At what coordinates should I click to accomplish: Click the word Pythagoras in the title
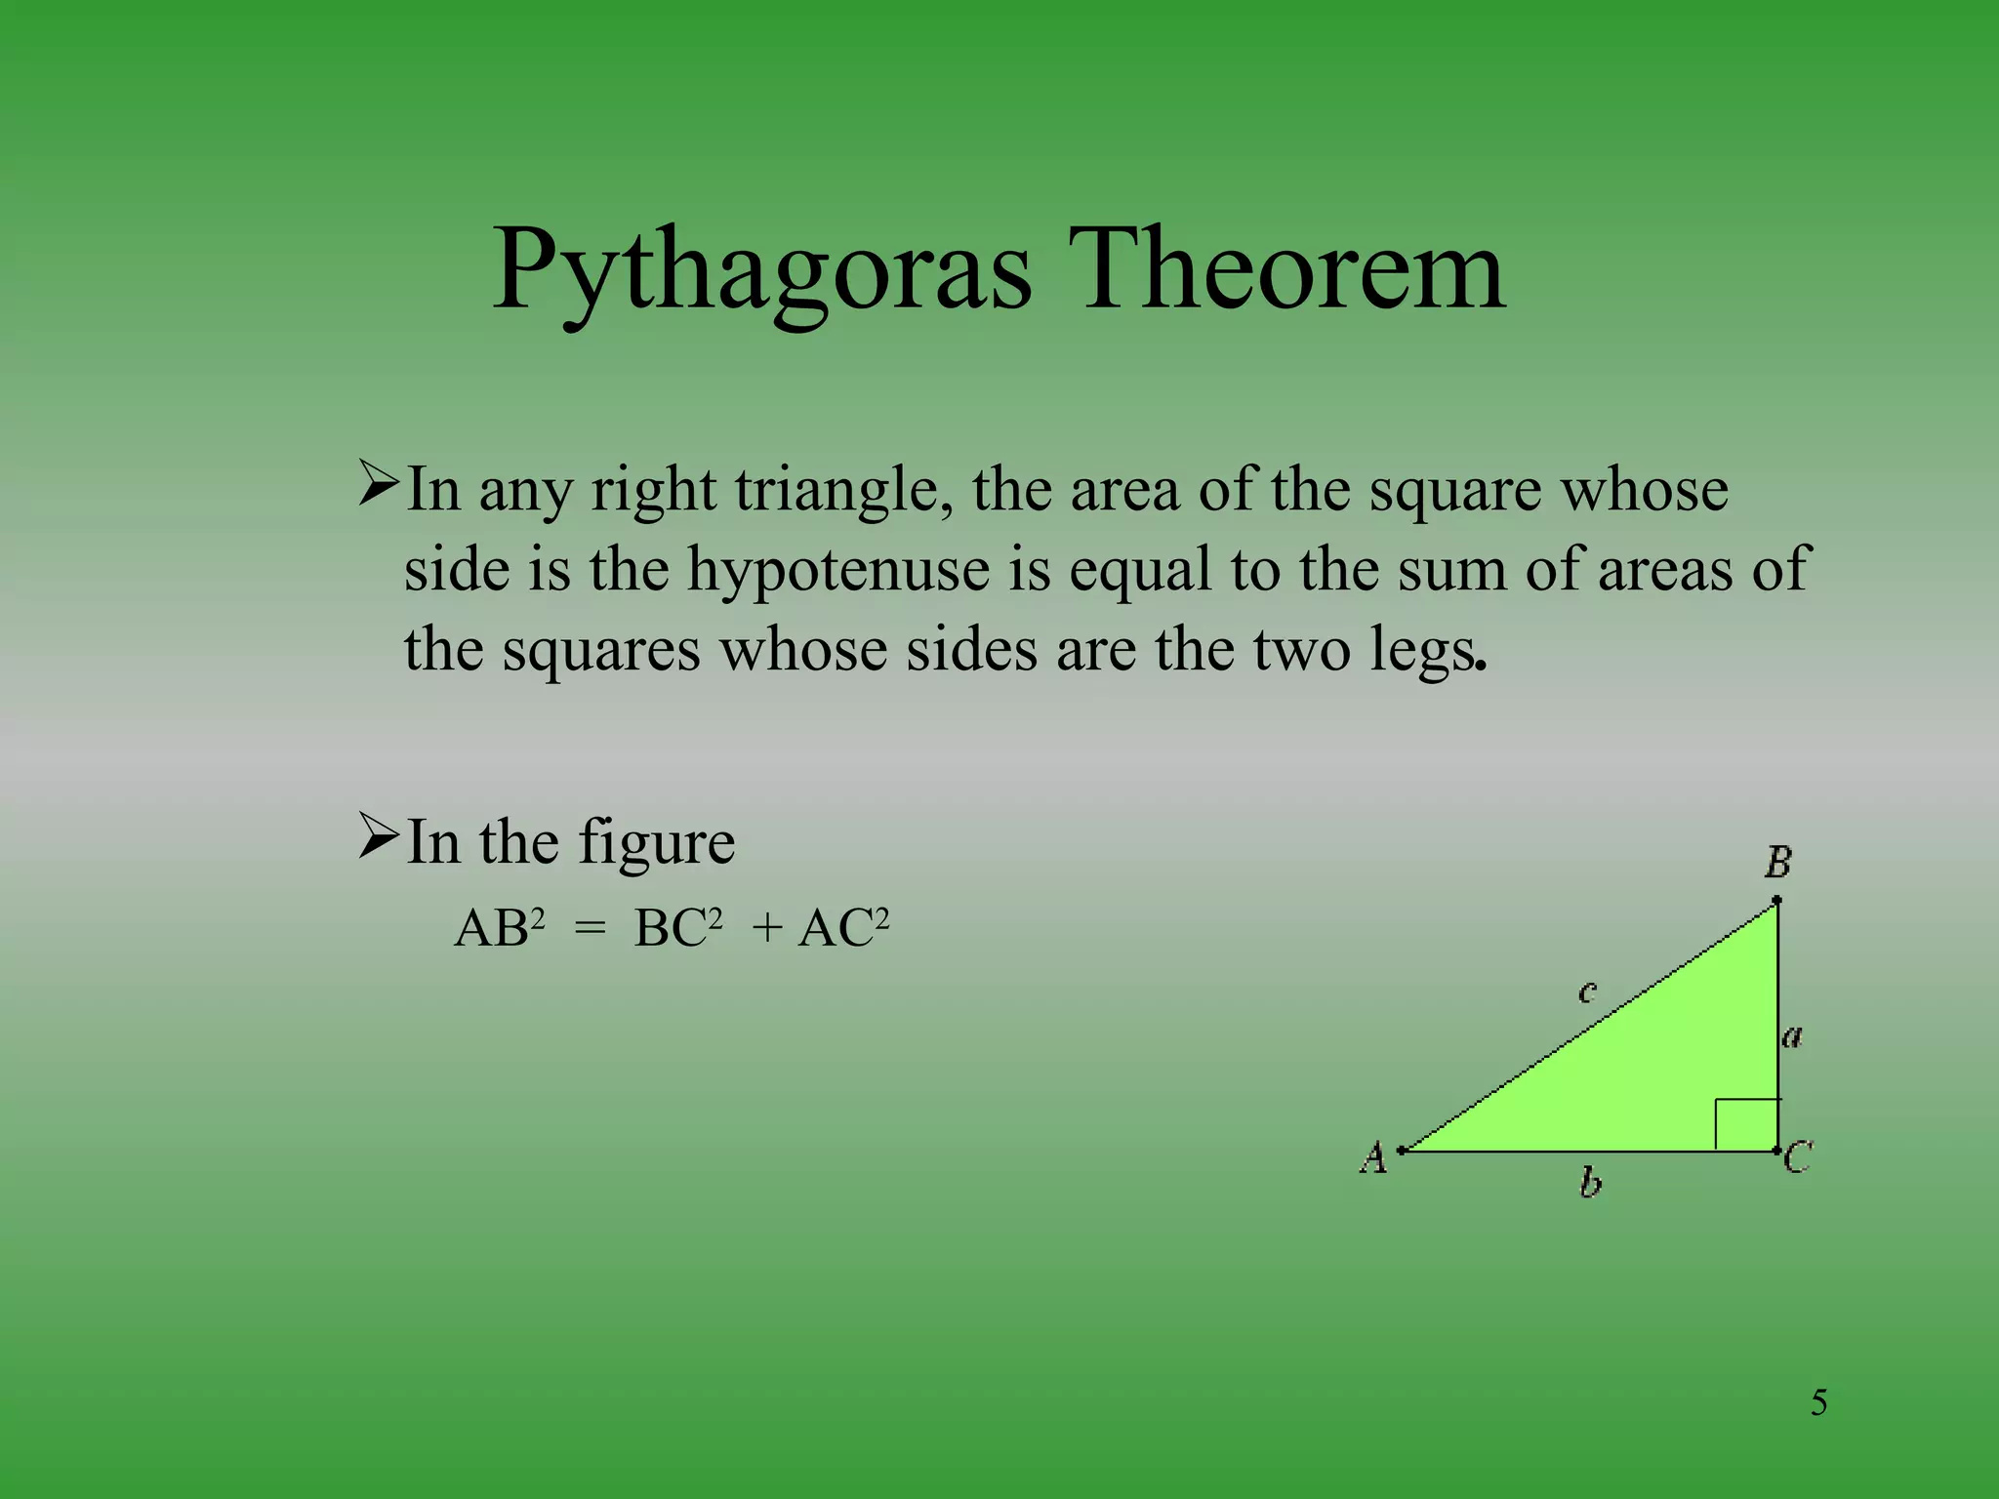click(761, 271)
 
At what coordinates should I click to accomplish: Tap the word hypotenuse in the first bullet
click(838, 569)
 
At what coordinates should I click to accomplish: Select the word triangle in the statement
click(843, 490)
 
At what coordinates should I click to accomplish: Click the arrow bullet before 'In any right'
click(378, 485)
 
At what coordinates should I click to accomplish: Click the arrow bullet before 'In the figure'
click(378, 837)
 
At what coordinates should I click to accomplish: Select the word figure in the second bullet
click(656, 842)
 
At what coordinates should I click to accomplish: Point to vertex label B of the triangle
click(1777, 863)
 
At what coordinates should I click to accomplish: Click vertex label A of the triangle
click(1373, 1157)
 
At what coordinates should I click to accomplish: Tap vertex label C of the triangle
click(1798, 1158)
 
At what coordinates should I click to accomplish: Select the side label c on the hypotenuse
click(1587, 993)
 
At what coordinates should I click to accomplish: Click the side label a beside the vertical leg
click(1792, 1036)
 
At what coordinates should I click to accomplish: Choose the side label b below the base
click(1590, 1184)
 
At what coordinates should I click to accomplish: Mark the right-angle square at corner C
click(1746, 1125)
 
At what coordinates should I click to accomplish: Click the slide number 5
click(1818, 1403)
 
